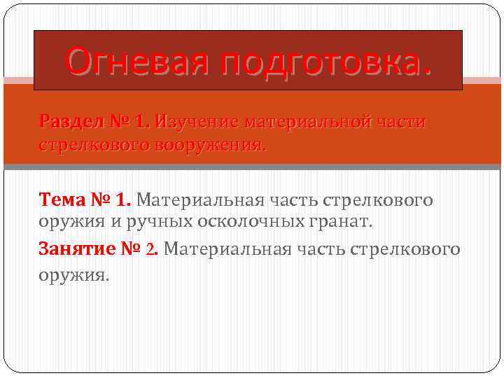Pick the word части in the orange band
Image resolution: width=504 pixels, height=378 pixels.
click(400, 122)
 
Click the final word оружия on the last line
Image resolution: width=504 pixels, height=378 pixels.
click(73, 276)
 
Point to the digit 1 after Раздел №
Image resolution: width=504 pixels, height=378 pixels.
click(141, 122)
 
